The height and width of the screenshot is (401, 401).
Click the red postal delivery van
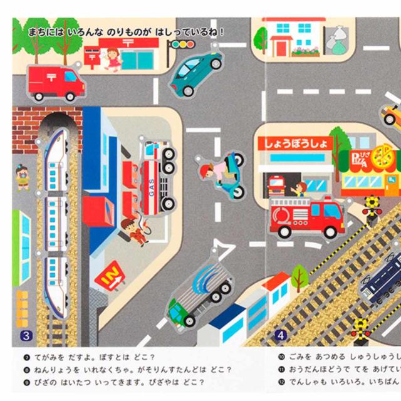[x=56, y=83]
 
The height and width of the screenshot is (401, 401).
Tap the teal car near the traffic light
[x=197, y=73]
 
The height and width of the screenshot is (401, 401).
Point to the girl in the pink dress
[x=113, y=59]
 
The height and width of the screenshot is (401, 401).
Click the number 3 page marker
[x=26, y=335]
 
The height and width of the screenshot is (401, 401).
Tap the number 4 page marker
[x=281, y=335]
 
